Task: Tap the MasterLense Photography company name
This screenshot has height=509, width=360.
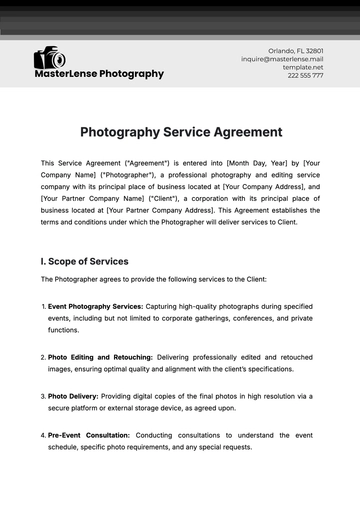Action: click(x=99, y=74)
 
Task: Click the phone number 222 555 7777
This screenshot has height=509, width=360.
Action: click(x=305, y=75)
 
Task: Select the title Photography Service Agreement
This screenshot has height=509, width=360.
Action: click(x=180, y=132)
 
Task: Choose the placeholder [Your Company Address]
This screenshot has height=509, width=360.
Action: click(x=265, y=186)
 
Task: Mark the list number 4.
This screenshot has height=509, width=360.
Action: click(x=42, y=434)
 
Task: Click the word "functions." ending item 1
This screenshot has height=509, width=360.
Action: click(x=63, y=329)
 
